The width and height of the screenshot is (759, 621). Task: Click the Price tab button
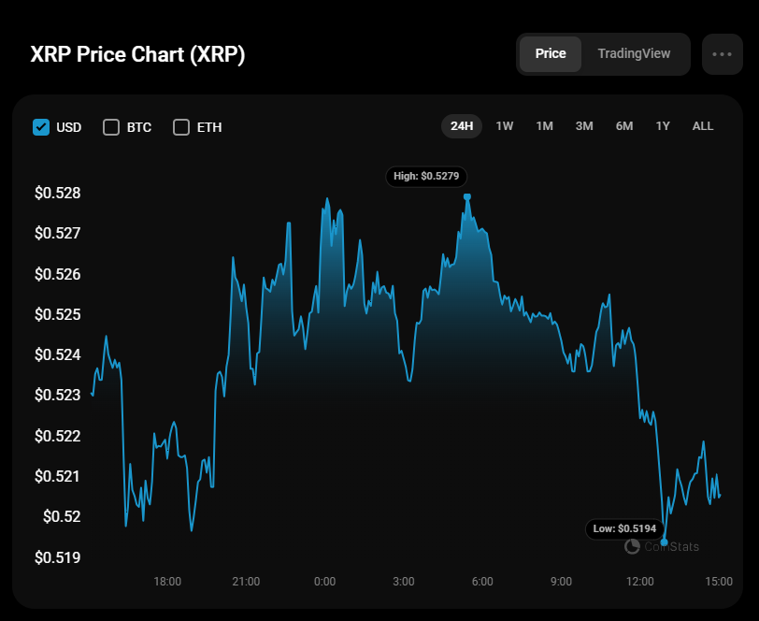(551, 54)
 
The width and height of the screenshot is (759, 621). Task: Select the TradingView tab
(634, 54)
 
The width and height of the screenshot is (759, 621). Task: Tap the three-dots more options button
(722, 54)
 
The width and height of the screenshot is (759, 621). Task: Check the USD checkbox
(41, 127)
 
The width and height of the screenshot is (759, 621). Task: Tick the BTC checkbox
(111, 127)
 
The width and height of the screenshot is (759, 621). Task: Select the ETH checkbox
(181, 127)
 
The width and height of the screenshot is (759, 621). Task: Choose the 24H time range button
(462, 126)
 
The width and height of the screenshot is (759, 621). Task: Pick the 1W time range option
(505, 126)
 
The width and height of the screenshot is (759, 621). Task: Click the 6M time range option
(624, 126)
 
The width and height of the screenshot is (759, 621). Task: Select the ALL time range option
(703, 126)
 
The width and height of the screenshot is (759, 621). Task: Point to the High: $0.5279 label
(426, 176)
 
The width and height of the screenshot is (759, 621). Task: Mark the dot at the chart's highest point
(466, 196)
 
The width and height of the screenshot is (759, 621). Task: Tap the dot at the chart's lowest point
(664, 542)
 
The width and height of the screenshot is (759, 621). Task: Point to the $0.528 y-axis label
(58, 194)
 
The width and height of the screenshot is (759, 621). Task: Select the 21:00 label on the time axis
(246, 582)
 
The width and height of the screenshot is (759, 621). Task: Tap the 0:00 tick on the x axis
(324, 582)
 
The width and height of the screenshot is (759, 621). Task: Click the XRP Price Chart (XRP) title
(138, 54)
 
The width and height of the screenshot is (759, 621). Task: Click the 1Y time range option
(663, 126)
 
